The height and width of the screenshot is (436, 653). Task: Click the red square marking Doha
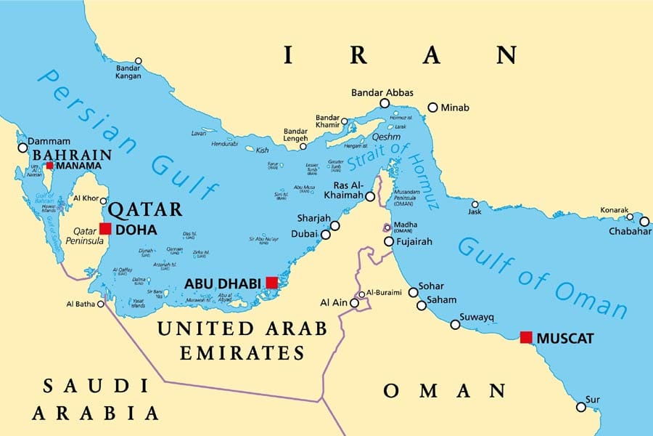click(x=105, y=229)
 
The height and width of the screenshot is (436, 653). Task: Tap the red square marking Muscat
click(x=526, y=337)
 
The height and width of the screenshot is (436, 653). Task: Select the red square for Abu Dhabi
click(x=272, y=282)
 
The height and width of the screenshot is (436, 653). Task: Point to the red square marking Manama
click(x=49, y=166)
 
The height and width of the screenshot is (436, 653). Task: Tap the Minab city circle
click(x=433, y=108)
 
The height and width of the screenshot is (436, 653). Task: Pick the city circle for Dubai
click(x=326, y=234)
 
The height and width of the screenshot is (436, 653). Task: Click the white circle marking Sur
click(x=581, y=407)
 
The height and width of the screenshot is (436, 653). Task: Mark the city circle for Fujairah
click(x=389, y=242)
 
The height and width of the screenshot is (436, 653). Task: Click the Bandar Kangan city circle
click(x=138, y=61)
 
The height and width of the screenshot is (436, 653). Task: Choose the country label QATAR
click(x=145, y=210)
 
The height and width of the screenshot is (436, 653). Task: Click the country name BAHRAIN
click(x=70, y=155)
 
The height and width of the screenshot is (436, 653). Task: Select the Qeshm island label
click(x=386, y=136)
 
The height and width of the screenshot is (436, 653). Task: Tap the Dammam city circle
click(x=22, y=148)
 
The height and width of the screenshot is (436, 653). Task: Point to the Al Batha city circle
click(x=101, y=304)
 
